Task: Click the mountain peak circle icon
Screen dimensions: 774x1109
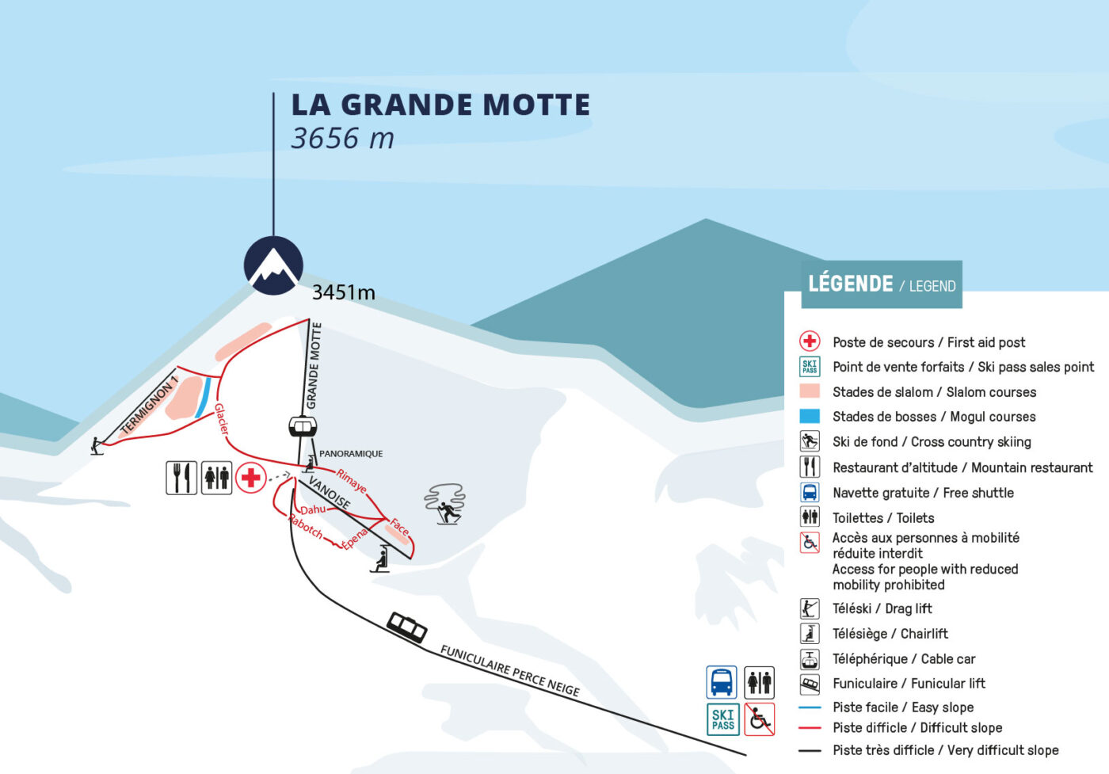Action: [x=273, y=265]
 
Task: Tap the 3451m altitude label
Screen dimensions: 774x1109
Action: [x=343, y=292]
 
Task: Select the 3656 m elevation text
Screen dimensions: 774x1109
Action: [x=342, y=139]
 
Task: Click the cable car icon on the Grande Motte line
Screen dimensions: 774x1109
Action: [x=302, y=427]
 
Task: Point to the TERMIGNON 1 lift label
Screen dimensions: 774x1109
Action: [x=148, y=406]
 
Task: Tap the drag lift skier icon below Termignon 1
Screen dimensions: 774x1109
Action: [x=97, y=446]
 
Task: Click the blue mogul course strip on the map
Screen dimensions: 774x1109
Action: [x=204, y=394]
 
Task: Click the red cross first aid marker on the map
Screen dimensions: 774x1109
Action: [x=251, y=478]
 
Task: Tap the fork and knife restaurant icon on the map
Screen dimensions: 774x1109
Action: [x=181, y=478]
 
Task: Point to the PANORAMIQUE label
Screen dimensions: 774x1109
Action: [x=350, y=454]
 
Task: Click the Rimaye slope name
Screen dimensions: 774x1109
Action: [x=351, y=480]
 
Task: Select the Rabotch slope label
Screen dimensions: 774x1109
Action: [x=306, y=527]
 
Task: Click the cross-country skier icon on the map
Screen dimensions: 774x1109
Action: [x=446, y=505]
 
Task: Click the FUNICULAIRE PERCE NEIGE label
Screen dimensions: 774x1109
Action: [x=509, y=670]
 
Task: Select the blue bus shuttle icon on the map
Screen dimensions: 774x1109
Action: [x=722, y=682]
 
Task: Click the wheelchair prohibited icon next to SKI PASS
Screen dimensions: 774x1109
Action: [x=759, y=719]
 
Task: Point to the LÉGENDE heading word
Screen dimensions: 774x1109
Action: [x=850, y=284]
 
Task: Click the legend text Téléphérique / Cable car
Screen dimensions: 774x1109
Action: [x=904, y=659]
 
